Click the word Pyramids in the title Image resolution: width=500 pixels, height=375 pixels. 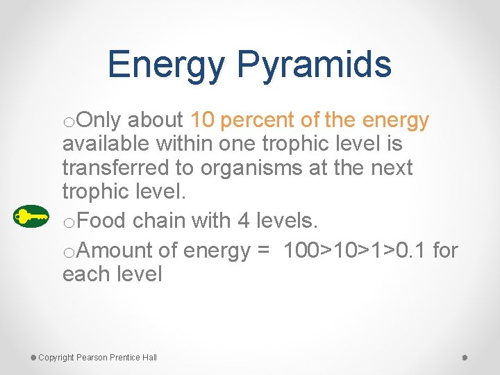[315, 65]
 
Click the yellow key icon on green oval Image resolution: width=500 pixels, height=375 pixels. [31, 217]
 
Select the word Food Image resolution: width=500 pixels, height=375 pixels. [101, 221]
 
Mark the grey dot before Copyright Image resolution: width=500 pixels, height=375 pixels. [33, 357]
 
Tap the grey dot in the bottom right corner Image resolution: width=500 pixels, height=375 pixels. [465, 357]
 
